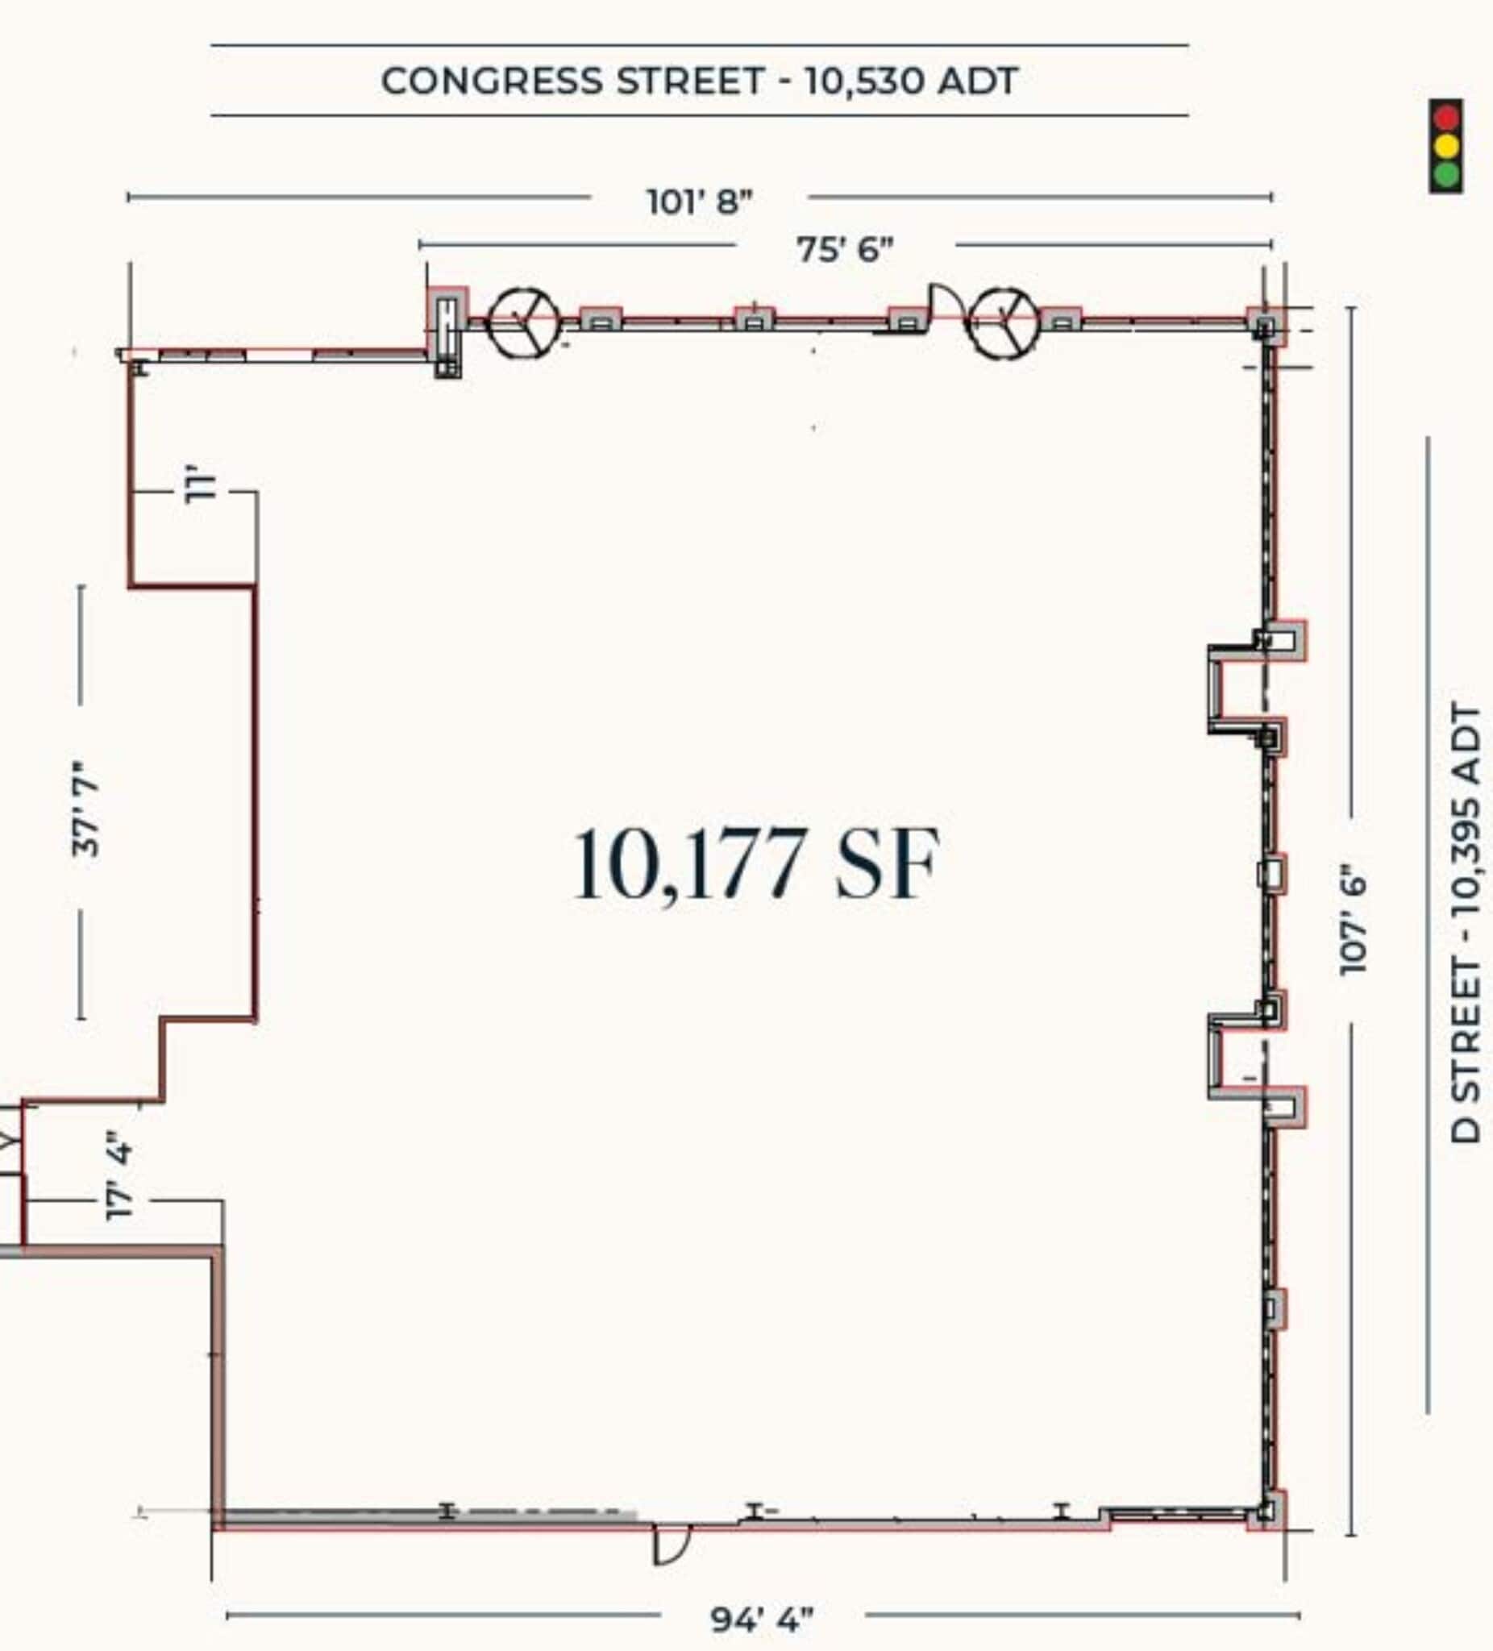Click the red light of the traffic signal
click(x=1446, y=117)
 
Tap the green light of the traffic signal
click(x=1446, y=174)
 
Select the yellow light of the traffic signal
click(x=1446, y=146)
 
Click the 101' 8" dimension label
click(x=700, y=202)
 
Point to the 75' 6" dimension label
click(x=844, y=249)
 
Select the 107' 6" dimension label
click(x=1353, y=921)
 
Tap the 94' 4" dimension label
click(x=762, y=1619)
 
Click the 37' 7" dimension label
click(x=85, y=809)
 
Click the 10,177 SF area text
click(x=755, y=864)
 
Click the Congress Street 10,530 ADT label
click(x=699, y=81)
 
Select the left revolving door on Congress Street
click(x=524, y=322)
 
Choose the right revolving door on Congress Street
click(x=1002, y=322)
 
